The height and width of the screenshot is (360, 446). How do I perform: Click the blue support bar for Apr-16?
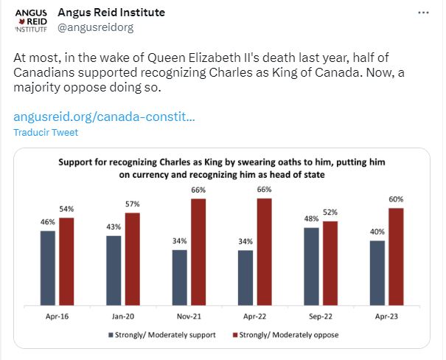[x=48, y=267]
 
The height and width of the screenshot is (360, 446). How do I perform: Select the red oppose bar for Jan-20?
[x=133, y=258]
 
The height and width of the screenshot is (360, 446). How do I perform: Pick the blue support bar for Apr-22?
[x=245, y=277]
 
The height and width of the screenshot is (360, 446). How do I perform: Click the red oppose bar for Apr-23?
[x=397, y=256]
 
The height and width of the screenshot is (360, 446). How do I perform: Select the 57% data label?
[x=133, y=204]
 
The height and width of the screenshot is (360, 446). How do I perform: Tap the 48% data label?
[x=311, y=219]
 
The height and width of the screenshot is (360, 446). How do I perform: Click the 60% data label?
[x=397, y=199]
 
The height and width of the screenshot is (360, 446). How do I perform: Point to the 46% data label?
[x=48, y=222]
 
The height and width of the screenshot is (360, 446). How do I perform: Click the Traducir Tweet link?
[x=45, y=133]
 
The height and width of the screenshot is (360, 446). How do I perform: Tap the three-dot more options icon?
[x=423, y=13]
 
